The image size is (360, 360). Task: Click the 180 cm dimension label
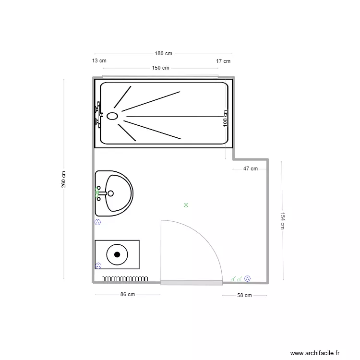point(163,54)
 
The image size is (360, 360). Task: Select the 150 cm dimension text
point(161,68)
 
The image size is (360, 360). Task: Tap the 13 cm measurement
point(99,61)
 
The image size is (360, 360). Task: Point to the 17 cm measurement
point(223,61)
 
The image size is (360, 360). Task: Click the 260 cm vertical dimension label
point(64,180)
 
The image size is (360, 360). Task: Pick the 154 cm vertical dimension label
point(283,221)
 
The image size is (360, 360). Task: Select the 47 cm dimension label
point(251,168)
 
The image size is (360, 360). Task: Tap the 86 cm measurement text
point(127,295)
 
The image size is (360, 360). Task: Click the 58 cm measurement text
point(244,296)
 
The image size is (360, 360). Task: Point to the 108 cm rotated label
point(226,118)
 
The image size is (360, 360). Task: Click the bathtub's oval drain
point(112,116)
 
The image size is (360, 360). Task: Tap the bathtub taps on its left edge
point(98,113)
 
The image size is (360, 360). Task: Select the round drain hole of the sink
point(110,193)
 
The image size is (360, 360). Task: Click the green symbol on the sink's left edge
point(97,193)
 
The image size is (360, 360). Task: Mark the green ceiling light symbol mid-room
point(186,205)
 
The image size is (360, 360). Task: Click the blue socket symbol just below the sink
point(98,222)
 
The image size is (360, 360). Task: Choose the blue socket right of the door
point(248,278)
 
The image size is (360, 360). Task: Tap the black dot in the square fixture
point(117,255)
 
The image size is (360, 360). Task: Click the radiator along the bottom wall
point(125,279)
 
